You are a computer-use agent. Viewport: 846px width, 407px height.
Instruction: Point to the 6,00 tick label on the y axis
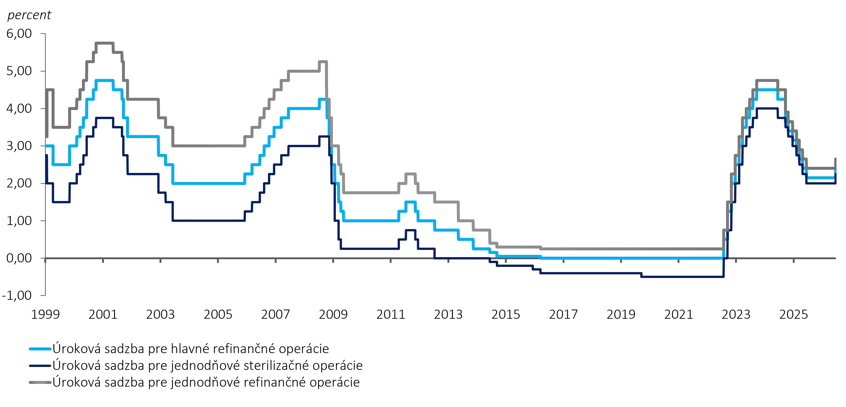[19, 34]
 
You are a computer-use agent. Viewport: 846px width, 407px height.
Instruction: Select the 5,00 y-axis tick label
[19, 71]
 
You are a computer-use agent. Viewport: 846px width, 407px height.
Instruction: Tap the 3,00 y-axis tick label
[19, 146]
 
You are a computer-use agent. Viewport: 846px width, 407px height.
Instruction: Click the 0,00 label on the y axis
[19, 258]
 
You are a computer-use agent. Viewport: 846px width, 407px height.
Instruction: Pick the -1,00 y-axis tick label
[17, 295]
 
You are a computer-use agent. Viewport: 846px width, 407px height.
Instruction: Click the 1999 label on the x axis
[45, 314]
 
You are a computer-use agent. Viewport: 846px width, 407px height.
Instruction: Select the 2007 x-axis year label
[275, 314]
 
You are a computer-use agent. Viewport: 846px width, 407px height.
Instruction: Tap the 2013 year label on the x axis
[448, 314]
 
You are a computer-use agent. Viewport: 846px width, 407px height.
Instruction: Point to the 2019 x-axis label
[621, 314]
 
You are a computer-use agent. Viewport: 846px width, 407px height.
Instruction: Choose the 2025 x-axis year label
[794, 314]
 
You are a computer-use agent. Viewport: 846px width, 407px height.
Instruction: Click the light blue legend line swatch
[40, 349]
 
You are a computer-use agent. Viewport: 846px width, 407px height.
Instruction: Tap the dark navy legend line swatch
[40, 366]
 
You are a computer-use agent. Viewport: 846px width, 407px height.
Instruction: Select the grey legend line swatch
[40, 382]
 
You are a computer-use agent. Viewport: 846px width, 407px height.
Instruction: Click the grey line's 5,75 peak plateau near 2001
[104, 43]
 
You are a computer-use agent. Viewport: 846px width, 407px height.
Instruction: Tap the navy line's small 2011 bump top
[411, 230]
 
